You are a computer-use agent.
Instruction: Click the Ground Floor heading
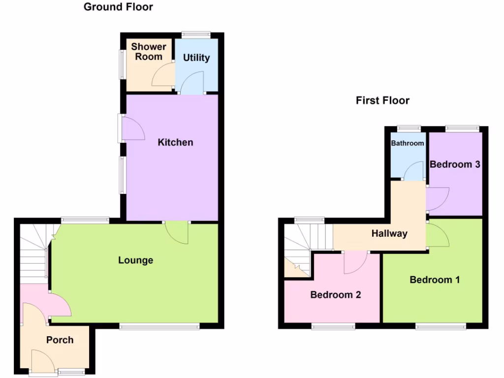(x=118, y=7)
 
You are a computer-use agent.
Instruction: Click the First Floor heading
(x=382, y=100)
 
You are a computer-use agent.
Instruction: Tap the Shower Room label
(x=148, y=52)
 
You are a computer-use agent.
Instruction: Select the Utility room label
(x=196, y=58)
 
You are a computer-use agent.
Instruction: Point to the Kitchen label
(x=175, y=142)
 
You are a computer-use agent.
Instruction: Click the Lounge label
(x=135, y=260)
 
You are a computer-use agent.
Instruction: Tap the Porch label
(x=60, y=340)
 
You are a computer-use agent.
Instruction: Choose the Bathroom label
(x=407, y=143)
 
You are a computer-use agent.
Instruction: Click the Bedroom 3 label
(x=455, y=164)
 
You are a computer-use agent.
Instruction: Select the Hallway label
(x=389, y=233)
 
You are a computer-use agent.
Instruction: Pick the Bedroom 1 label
(x=435, y=280)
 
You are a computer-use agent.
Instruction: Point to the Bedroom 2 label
(x=336, y=295)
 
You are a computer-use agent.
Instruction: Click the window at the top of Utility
(x=196, y=34)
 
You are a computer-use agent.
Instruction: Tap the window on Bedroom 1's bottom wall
(x=440, y=326)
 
